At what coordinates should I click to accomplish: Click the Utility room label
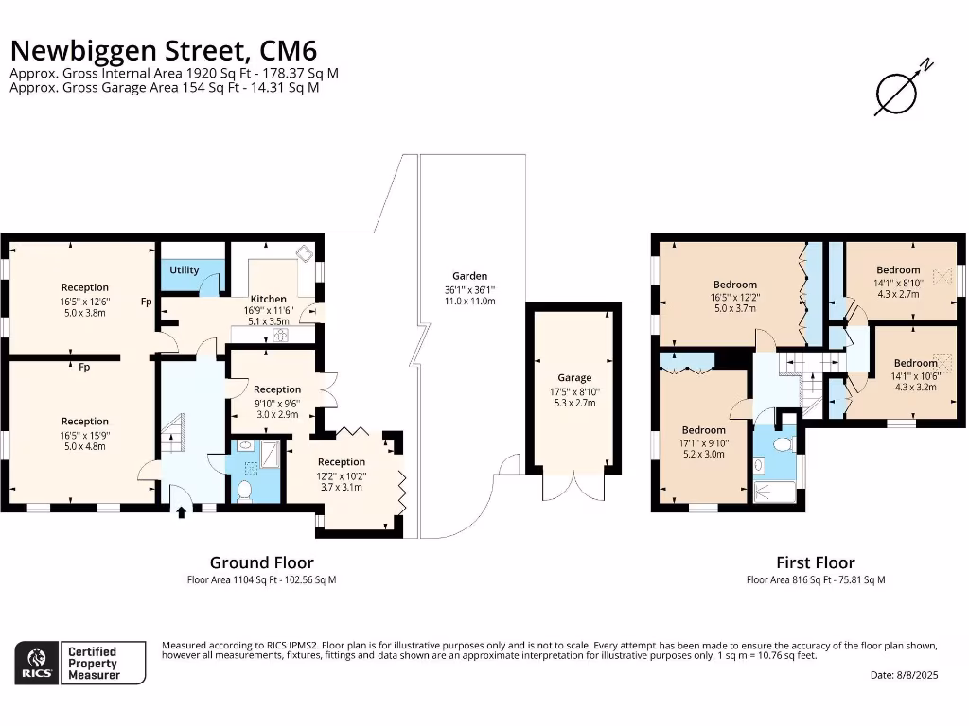(x=185, y=270)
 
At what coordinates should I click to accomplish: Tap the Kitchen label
(x=268, y=299)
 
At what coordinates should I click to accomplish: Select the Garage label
(x=573, y=378)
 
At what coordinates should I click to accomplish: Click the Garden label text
(x=469, y=276)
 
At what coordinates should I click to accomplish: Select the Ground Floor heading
(x=261, y=562)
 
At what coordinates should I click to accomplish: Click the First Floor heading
(x=815, y=562)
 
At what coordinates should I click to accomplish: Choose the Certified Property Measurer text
(x=92, y=663)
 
